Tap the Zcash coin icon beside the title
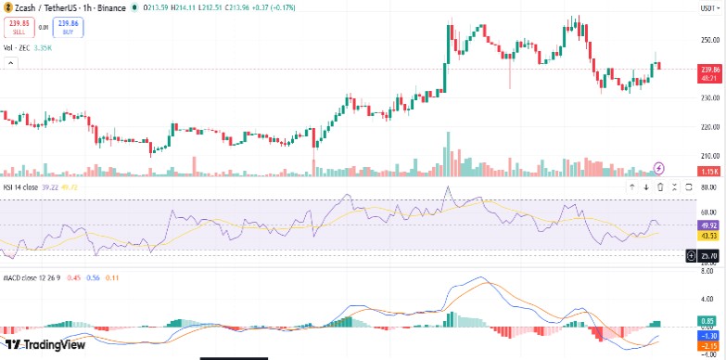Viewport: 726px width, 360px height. click(x=7, y=7)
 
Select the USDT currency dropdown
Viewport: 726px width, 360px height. click(x=707, y=7)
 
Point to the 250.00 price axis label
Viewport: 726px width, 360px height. click(x=710, y=40)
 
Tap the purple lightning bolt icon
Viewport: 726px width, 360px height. click(x=659, y=167)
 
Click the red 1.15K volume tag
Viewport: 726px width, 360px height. click(x=710, y=172)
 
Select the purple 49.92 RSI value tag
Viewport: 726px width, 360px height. click(x=710, y=225)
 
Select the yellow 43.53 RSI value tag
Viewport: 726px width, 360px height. click(x=710, y=236)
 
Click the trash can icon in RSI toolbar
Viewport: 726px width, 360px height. click(x=659, y=186)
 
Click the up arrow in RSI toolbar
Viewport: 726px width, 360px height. click(x=632, y=186)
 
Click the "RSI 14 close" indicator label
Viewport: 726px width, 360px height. click(x=22, y=186)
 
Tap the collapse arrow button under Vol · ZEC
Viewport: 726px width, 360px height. click(x=10, y=63)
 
